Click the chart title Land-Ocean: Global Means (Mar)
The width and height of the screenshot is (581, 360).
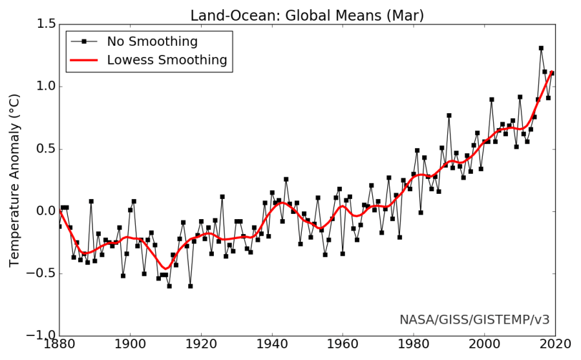coord(306,15)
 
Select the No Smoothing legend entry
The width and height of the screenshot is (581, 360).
coord(152,42)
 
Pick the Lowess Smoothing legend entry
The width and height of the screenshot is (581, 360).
coord(167,60)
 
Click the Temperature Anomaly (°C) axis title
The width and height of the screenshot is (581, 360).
coord(15,180)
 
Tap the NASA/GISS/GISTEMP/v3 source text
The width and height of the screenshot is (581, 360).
coord(474,319)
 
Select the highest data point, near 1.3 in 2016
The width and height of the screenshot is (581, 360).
coord(541,48)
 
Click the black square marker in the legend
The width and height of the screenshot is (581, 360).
coord(84,42)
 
